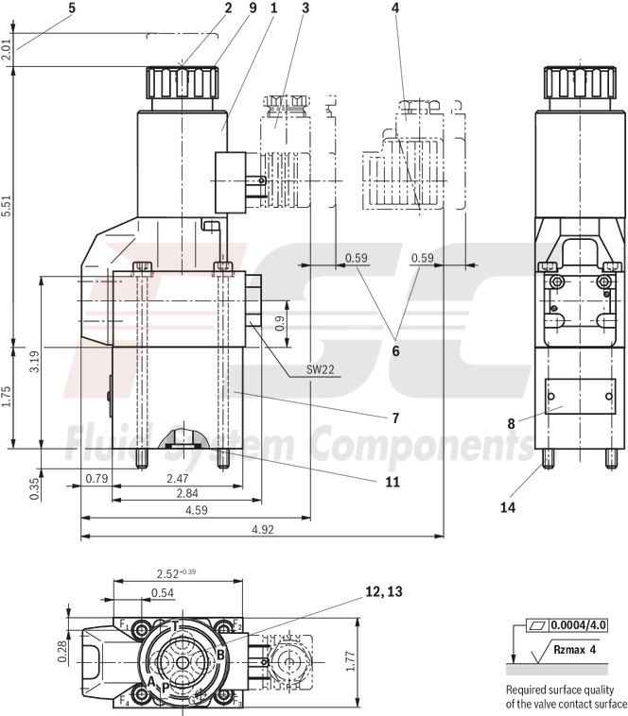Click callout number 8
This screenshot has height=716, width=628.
511,424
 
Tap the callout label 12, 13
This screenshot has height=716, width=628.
383,592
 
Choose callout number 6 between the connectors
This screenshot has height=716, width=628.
395,350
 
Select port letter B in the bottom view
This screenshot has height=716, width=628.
220,654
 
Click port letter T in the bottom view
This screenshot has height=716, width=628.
176,625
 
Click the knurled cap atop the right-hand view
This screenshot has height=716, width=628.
565,82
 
